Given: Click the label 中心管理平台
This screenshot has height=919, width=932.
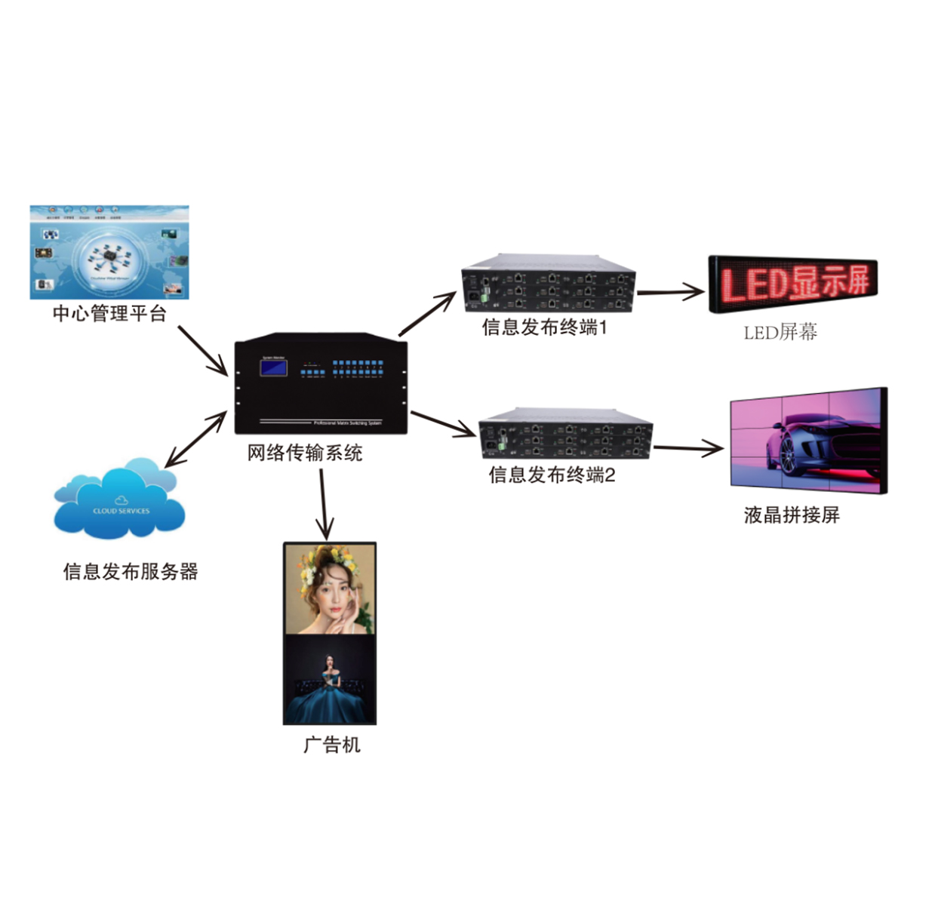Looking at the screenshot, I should (109, 314).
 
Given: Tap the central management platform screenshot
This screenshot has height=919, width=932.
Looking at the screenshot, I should (109, 252).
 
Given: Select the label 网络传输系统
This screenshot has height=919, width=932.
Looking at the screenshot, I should (305, 453).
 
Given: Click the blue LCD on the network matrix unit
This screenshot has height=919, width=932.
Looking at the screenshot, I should (274, 368).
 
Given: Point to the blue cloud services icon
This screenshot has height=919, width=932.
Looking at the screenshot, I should (119, 502).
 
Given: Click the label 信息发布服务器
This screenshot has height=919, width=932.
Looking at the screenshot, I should (131, 572).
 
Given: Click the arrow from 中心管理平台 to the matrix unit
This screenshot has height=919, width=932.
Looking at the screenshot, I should (202, 350).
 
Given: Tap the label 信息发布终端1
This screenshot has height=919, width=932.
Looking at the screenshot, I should (544, 327).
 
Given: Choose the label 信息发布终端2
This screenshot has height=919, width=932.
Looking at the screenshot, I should (552, 475).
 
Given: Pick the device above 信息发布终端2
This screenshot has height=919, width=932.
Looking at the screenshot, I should (566, 434).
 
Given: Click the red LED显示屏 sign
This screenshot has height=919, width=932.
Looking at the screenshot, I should (793, 284).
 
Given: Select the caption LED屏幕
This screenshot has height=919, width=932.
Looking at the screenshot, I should (780, 333).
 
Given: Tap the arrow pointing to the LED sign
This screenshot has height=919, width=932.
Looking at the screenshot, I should (669, 292).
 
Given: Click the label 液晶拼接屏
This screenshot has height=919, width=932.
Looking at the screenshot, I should (792, 515).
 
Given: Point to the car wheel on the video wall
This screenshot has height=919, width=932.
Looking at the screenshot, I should (788, 455).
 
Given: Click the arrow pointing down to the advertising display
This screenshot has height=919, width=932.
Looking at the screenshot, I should (324, 503).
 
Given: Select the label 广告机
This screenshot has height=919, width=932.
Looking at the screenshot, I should (332, 745).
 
